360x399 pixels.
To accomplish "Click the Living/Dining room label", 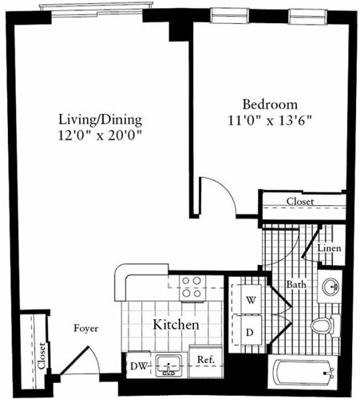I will tap(101, 120).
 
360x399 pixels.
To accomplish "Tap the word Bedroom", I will tap(270, 105).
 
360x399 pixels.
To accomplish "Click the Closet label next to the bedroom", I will tap(300, 202).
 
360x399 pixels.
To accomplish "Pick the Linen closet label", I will tap(330, 248).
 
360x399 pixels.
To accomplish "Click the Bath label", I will tap(297, 283).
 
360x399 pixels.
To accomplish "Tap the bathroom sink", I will tap(330, 286).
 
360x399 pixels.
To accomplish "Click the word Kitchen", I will tap(175, 326).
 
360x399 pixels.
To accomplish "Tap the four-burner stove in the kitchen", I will tap(191, 286).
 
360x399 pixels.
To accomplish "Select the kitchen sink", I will tap(168, 366).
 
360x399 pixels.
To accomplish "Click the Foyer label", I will tap(86, 327).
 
